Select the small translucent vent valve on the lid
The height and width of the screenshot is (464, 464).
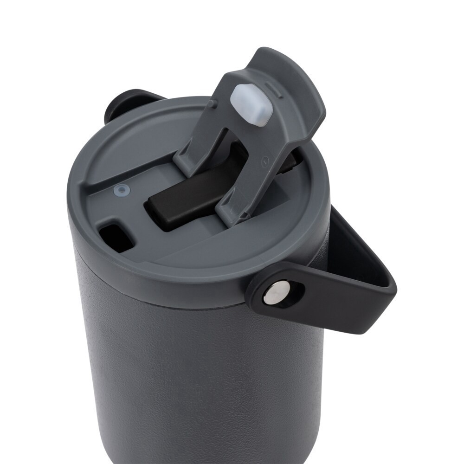122,190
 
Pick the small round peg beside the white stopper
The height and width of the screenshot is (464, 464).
213,103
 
